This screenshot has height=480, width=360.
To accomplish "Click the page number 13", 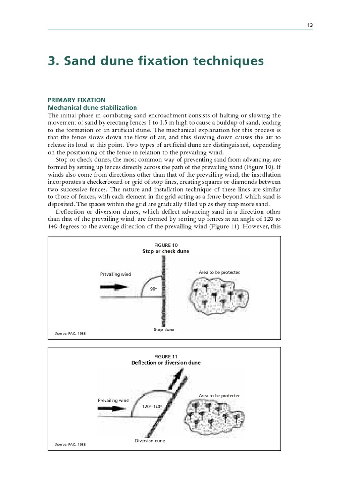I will pyautogui.click(x=310, y=25).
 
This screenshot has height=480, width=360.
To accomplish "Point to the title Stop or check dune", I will pyautogui.click(x=165, y=252).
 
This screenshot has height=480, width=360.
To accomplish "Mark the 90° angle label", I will pyautogui.click(x=153, y=289).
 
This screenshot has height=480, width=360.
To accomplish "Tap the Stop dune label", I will pyautogui.click(x=164, y=330).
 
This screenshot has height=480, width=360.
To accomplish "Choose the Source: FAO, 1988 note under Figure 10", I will pyautogui.click(x=71, y=333).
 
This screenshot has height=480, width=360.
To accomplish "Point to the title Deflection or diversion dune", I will pyautogui.click(x=165, y=363).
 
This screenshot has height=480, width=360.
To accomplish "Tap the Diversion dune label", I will pyautogui.click(x=150, y=441).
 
